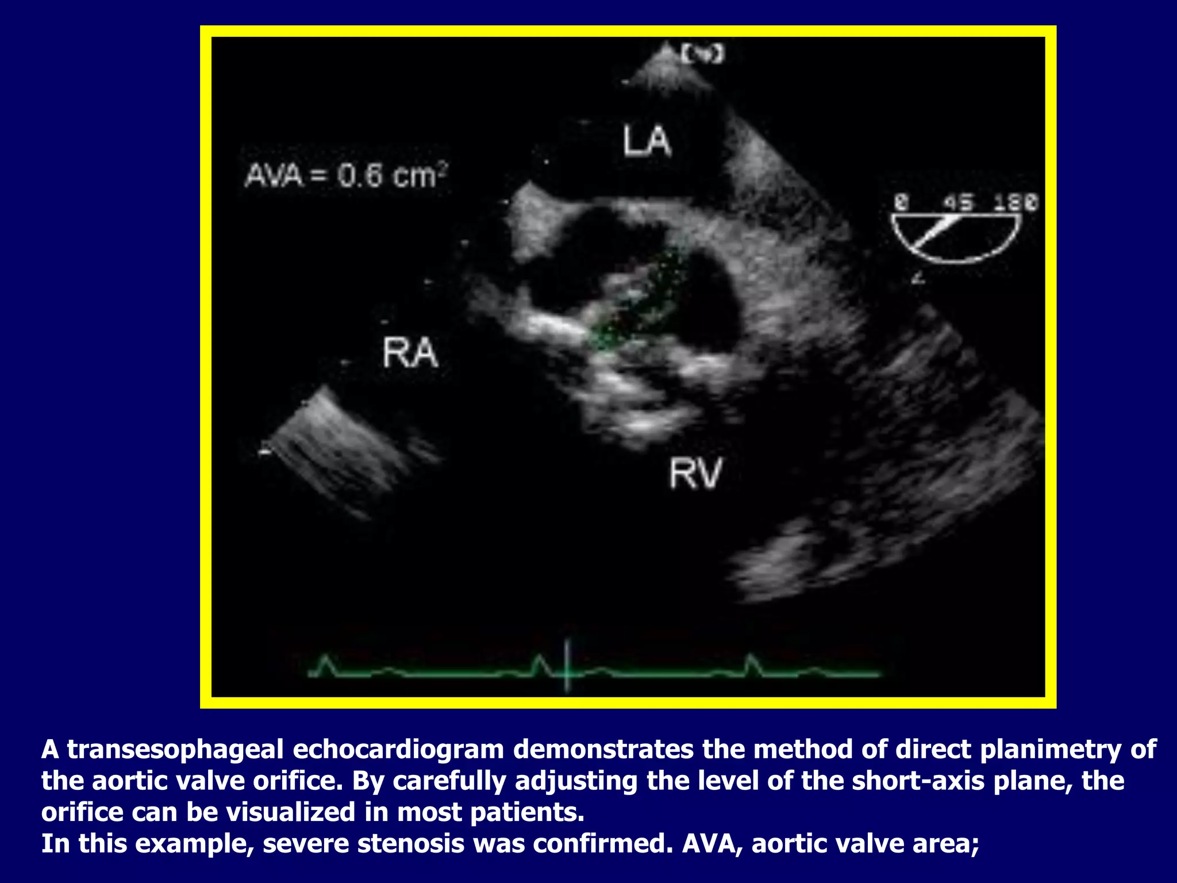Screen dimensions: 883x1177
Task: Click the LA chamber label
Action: [647, 142]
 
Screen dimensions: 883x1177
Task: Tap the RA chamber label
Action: [410, 353]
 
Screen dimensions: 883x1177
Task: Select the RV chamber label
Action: [695, 474]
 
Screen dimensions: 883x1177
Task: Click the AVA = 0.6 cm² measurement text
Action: [346, 175]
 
